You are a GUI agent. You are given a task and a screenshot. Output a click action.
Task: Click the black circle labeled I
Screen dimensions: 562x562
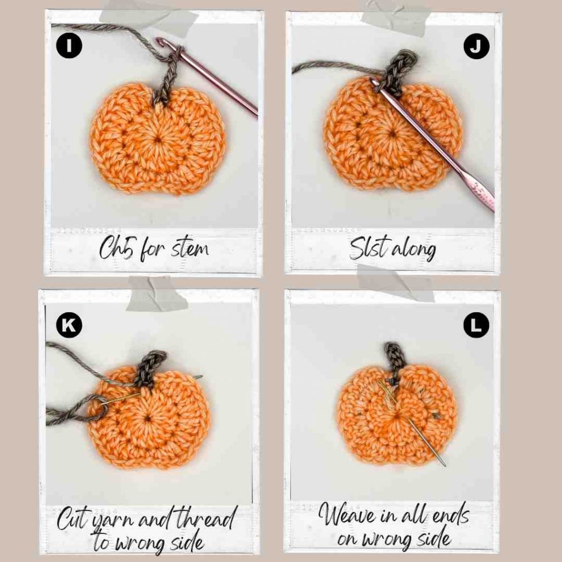69,46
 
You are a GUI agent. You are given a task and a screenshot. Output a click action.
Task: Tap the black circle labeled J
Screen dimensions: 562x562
476,46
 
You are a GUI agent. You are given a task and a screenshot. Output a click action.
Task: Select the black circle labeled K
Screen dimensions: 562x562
69,325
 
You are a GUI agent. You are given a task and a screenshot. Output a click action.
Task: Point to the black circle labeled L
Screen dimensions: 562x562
476,325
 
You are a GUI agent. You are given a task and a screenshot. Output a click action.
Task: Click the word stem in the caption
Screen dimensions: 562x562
189,248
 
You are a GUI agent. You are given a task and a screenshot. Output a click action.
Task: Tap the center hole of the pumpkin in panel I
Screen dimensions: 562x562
158,139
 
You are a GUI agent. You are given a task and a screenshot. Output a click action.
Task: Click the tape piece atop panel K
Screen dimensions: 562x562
156,295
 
